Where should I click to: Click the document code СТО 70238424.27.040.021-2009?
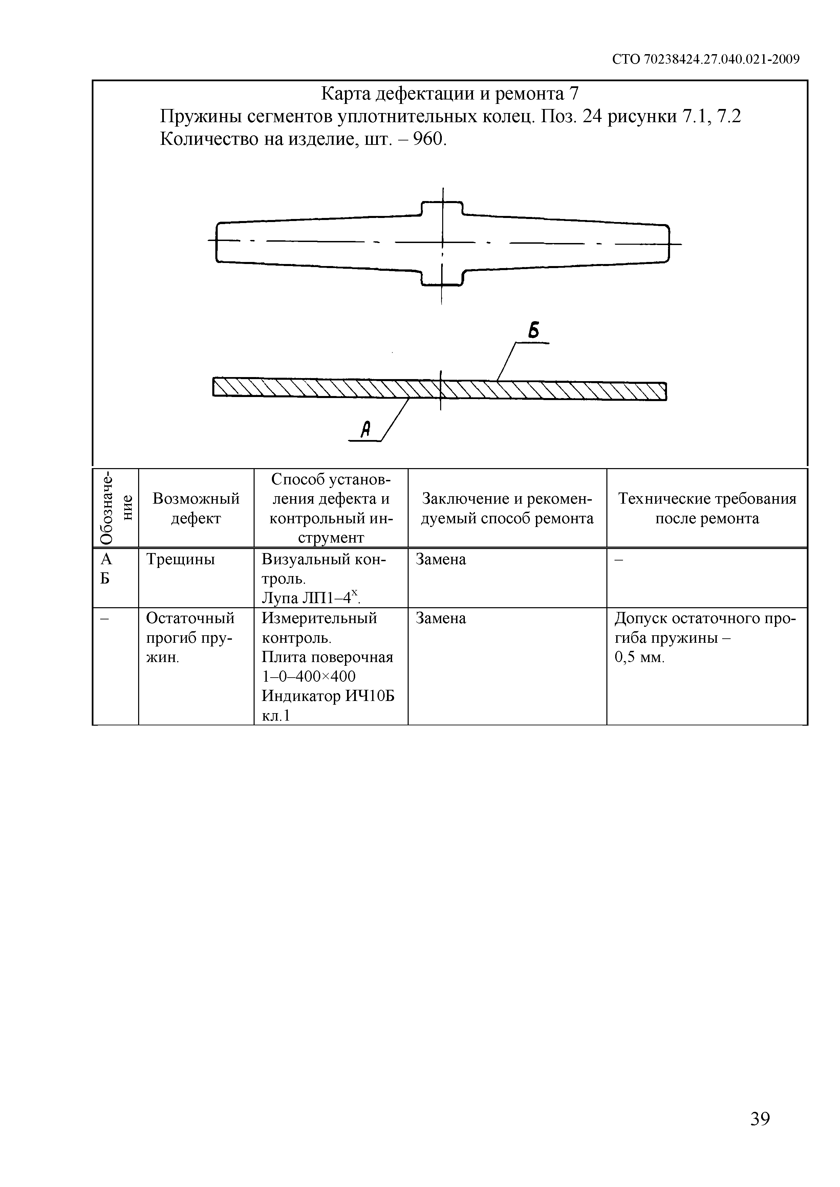(x=706, y=60)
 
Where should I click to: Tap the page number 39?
(x=760, y=1119)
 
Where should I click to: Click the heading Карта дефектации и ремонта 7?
(x=450, y=93)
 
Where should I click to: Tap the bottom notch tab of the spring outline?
(x=442, y=278)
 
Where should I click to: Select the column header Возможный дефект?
(x=196, y=508)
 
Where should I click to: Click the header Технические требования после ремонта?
(x=707, y=508)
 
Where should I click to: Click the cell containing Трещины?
(x=180, y=559)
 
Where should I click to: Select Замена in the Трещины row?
(x=441, y=559)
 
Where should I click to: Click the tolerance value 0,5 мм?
(x=639, y=658)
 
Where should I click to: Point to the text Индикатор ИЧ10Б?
(x=328, y=696)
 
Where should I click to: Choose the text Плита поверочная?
(x=327, y=657)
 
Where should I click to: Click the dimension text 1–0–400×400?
(x=309, y=677)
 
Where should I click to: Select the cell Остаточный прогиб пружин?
(x=190, y=638)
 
